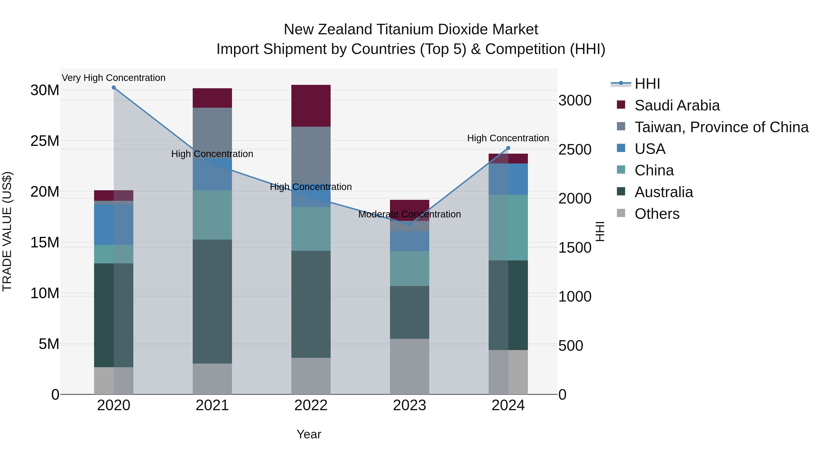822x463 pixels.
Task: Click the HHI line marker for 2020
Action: [x=114, y=88]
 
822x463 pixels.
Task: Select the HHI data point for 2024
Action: [x=508, y=148]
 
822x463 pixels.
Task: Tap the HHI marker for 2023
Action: [x=410, y=224]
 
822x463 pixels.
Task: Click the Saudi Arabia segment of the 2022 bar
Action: [x=311, y=106]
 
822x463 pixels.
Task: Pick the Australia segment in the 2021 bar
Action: [x=212, y=301]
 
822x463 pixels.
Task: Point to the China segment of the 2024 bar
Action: [x=508, y=227]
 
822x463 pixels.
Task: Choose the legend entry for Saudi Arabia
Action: [x=677, y=105]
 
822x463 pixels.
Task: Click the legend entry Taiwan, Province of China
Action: [x=721, y=127]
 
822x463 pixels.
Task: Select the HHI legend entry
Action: [x=647, y=84]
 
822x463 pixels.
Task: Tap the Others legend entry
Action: [x=657, y=214]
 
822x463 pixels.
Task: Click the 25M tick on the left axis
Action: [x=45, y=141]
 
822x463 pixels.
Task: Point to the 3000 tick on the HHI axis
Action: [x=575, y=101]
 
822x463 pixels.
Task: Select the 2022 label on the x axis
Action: [x=311, y=405]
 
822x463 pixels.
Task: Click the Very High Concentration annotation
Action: [x=114, y=78]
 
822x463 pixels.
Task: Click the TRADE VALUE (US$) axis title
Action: [x=7, y=231]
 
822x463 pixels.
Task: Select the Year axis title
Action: [x=308, y=434]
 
